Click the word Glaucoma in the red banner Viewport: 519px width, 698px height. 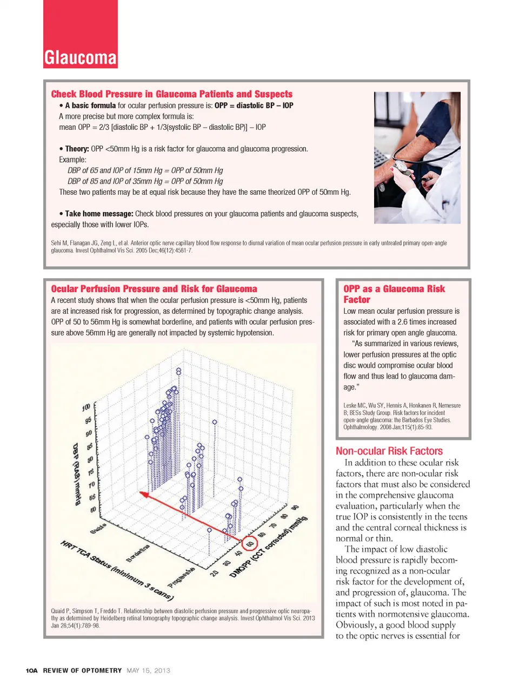click(x=81, y=57)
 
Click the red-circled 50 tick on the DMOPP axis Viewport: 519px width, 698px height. click(x=250, y=543)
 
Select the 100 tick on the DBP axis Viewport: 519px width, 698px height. click(x=86, y=407)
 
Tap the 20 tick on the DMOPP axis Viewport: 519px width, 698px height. click(x=215, y=572)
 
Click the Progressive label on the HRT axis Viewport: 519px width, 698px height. click(x=181, y=578)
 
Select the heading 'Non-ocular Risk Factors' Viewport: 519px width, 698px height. click(x=389, y=451)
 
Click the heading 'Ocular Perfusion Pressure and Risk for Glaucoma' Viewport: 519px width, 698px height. click(x=154, y=289)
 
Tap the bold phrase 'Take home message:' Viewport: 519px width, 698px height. click(x=99, y=214)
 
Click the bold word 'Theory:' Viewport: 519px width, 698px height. click(x=77, y=149)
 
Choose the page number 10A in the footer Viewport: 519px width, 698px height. click(x=32, y=670)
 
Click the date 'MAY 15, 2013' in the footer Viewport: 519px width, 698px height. click(x=148, y=670)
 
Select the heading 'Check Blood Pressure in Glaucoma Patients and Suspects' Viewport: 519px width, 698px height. click(x=171, y=94)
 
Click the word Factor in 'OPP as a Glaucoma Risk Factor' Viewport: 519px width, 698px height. click(x=357, y=300)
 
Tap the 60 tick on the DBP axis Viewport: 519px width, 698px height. click(x=94, y=509)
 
